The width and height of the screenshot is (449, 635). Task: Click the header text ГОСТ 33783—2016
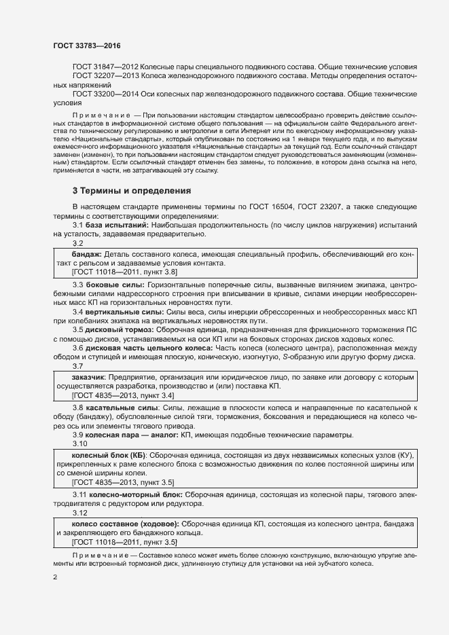tap(87, 46)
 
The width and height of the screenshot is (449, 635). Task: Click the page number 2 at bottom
tap(55, 578)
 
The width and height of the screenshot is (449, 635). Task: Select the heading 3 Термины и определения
tap(131, 191)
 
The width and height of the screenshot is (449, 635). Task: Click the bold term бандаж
tap(86, 254)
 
